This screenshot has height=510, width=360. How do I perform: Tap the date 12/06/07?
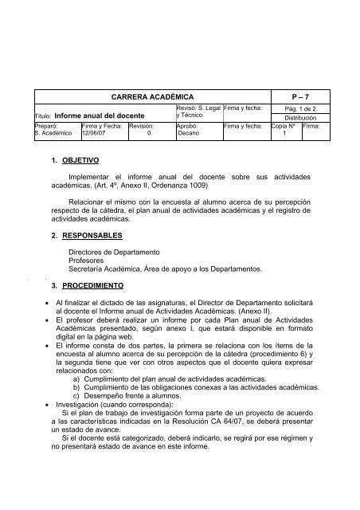(x=94, y=133)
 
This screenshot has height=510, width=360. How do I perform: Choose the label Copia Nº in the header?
(x=283, y=125)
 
